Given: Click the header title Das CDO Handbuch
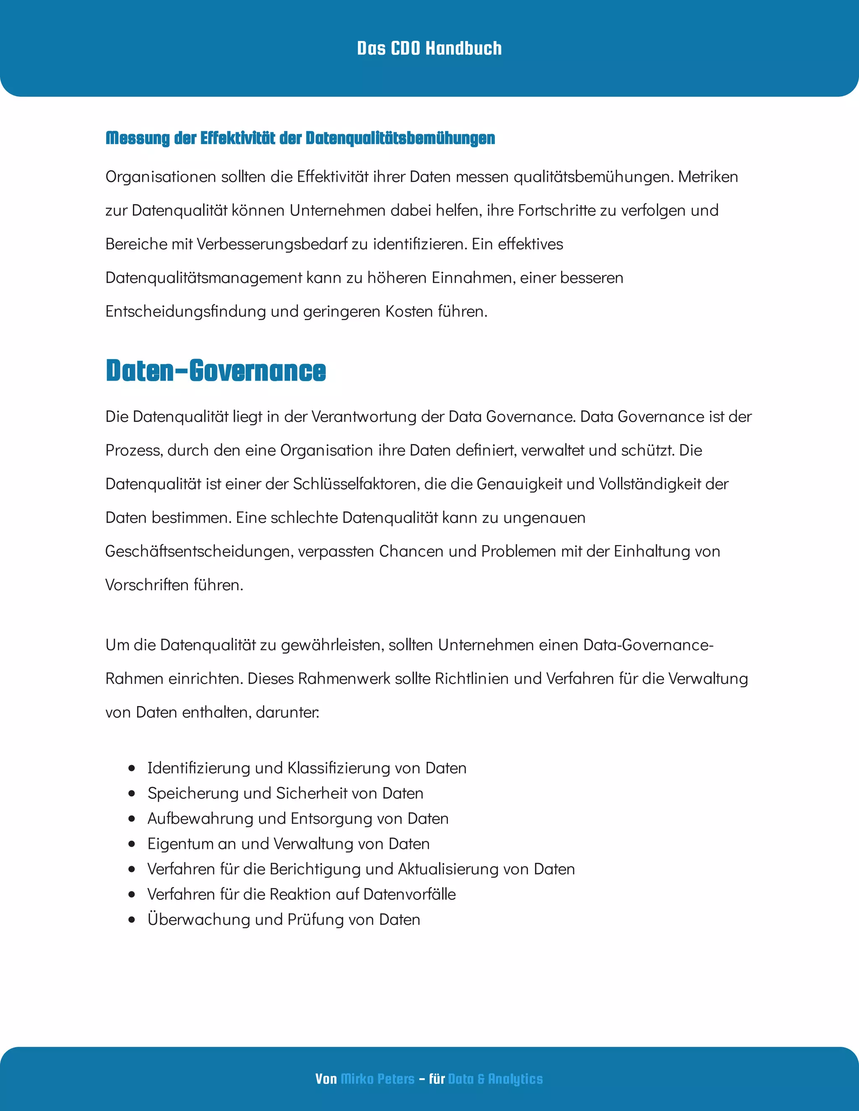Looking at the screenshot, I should [429, 48].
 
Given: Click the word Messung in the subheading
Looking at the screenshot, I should [138, 138].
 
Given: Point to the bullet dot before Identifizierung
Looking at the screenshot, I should [132, 768].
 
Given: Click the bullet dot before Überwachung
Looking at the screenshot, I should [132, 920].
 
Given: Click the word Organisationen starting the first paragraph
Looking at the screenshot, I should [160, 177].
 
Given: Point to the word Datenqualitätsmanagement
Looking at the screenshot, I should [203, 278].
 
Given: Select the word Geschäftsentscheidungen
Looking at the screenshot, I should [199, 551].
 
